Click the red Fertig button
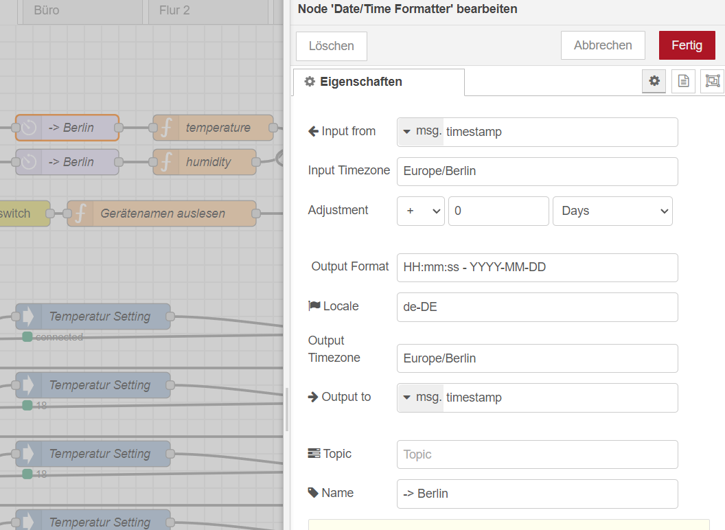pos(687,45)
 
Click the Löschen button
pos(332,46)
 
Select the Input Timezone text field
pos(538,171)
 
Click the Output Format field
pos(538,267)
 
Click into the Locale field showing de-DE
pos(538,307)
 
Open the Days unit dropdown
pos(612,211)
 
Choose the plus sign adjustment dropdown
pos(421,211)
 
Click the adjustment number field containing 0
pos(498,211)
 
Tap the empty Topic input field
pos(538,454)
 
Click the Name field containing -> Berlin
pos(538,494)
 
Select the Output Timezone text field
pos(538,358)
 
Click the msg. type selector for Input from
pos(421,132)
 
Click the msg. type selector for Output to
pos(421,397)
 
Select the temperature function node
pos(213,128)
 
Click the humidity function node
pos(205,162)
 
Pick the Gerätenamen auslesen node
pos(161,214)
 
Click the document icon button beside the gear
pos(683,81)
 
